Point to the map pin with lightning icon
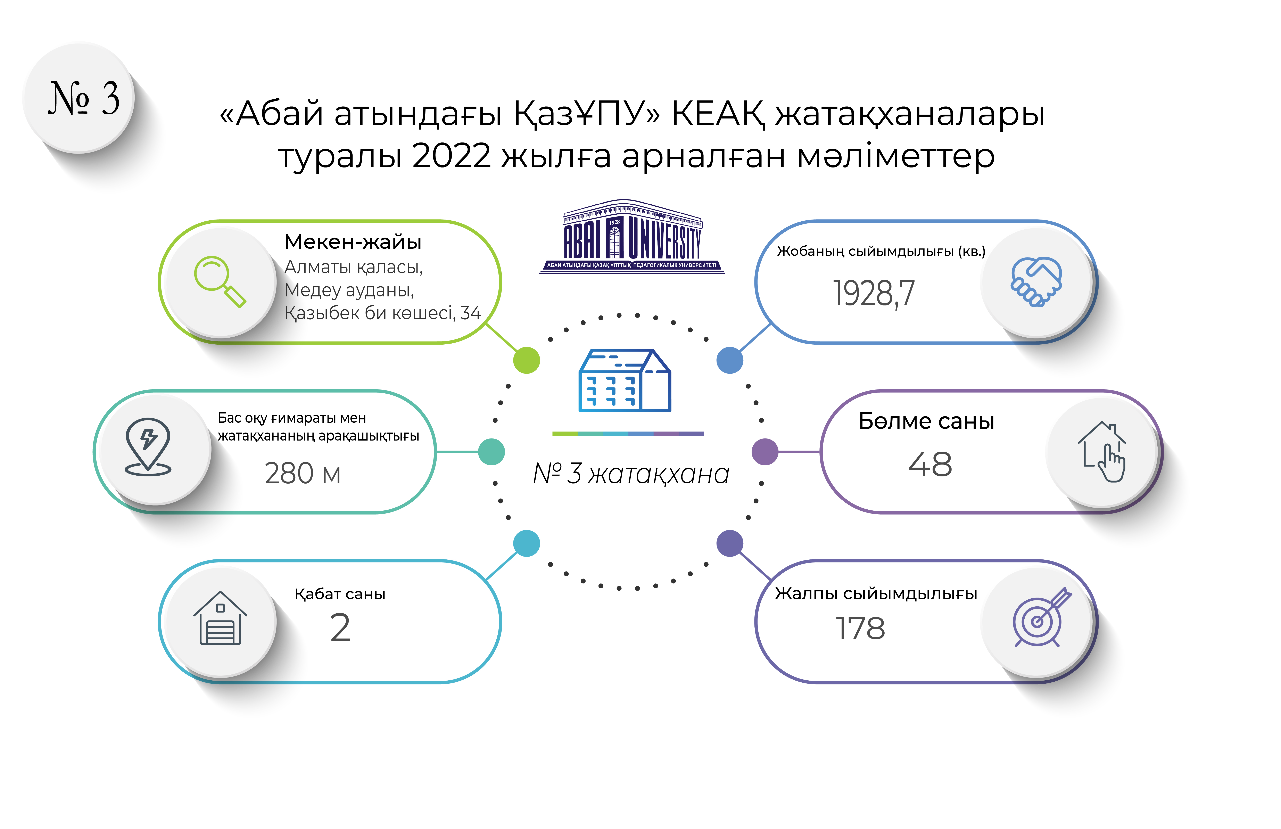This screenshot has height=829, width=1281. (148, 447)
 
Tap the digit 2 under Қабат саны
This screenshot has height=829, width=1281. (340, 628)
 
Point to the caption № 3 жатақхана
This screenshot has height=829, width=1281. (631, 474)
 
